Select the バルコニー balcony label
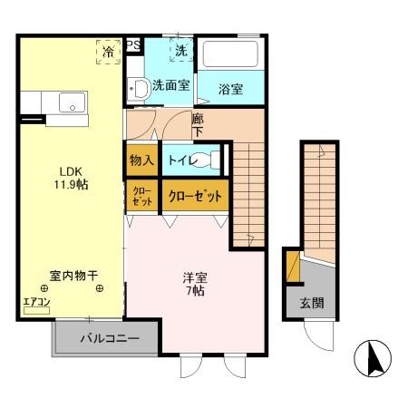click(x=108, y=339)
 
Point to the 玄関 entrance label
click(x=311, y=303)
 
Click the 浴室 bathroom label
click(x=231, y=89)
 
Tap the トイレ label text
click(x=182, y=159)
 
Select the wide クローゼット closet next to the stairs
click(x=194, y=195)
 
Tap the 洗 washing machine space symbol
click(x=180, y=52)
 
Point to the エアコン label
click(x=36, y=302)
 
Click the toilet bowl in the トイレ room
click(x=209, y=160)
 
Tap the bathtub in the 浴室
click(x=230, y=53)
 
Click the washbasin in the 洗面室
click(x=140, y=89)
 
